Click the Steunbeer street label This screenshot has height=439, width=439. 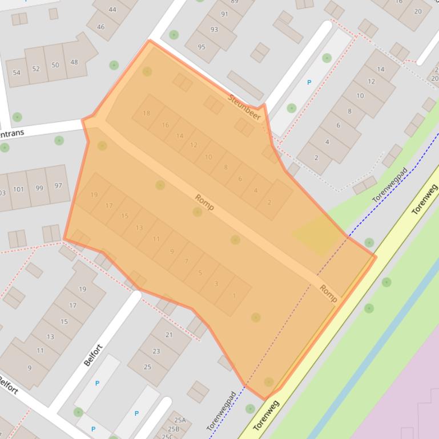pyautogui.click(x=245, y=107)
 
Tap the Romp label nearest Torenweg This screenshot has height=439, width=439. pyautogui.click(x=328, y=293)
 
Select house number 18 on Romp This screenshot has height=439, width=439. pyautogui.click(x=147, y=113)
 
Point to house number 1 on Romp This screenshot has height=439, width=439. pyautogui.click(x=234, y=295)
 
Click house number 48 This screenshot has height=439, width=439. pyautogui.click(x=74, y=62)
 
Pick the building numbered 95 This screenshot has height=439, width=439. pyautogui.click(x=202, y=47)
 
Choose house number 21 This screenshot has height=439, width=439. pyautogui.click(x=168, y=335)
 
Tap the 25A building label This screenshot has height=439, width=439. pyautogui.click(x=180, y=420)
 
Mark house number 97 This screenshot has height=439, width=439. pyautogui.click(x=58, y=186)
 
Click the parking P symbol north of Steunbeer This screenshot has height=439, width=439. pyautogui.click(x=309, y=83)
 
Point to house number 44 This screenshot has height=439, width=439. pyautogui.click(x=112, y=10)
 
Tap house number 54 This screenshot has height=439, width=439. pyautogui.click(x=17, y=72)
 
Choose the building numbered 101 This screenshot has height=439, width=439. pyautogui.click(x=19, y=189)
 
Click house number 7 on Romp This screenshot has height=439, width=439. pyautogui.click(x=186, y=261)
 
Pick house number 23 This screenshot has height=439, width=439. pyautogui.click(x=156, y=351)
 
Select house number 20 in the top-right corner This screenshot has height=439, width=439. pyautogui.click(x=418, y=11)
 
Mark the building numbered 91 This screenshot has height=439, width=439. pyautogui.click(x=224, y=14)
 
